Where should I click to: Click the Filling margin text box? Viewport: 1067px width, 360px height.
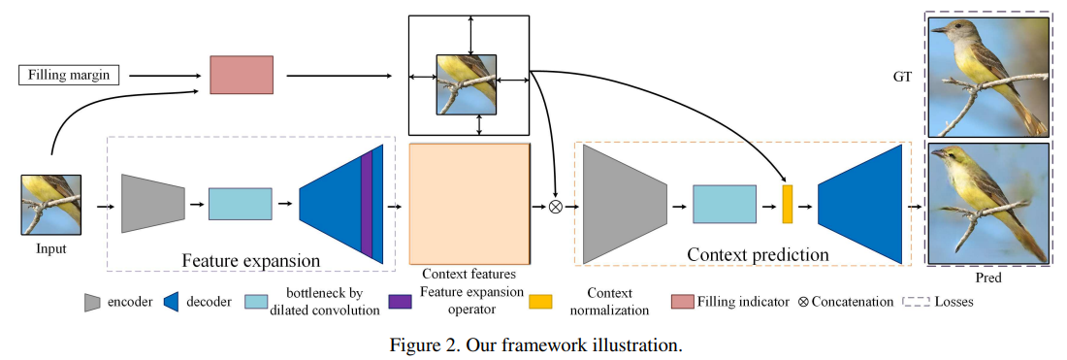point(68,75)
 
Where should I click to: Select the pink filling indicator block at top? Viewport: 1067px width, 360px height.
point(242,75)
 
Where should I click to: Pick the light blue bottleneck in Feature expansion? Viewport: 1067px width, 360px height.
point(240,204)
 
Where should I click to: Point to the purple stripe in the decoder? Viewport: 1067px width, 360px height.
point(366,205)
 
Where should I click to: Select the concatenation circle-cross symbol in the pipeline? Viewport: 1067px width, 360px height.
point(556,206)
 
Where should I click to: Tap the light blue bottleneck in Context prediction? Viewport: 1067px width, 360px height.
point(724,205)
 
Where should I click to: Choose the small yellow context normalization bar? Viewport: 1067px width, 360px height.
point(788,205)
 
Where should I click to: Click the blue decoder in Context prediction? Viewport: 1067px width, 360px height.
point(860,205)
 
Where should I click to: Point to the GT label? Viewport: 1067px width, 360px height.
point(903,75)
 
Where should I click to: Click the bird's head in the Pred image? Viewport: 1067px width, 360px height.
point(954,161)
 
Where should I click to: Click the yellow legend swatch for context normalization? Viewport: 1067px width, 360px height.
point(540,302)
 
